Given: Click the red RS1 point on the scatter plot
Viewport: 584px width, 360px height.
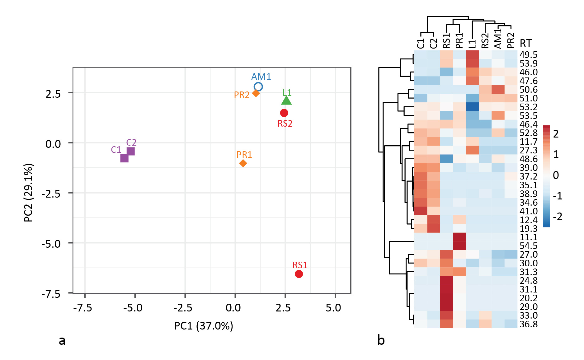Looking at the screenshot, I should pyautogui.click(x=299, y=274).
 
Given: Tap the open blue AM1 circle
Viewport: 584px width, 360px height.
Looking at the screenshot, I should pyautogui.click(x=258, y=86).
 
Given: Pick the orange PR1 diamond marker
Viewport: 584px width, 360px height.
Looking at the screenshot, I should pyautogui.click(x=243, y=163).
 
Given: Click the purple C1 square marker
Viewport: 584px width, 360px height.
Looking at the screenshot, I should pyautogui.click(x=124, y=158).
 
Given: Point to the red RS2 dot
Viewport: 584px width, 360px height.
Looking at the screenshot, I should pyautogui.click(x=284, y=113).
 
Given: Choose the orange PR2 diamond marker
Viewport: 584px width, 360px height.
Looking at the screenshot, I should pyautogui.click(x=256, y=93).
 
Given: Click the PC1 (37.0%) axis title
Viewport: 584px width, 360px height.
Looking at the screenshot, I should pyautogui.click(x=204, y=326).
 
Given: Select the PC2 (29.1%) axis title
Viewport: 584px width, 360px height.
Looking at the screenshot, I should pyautogui.click(x=28, y=193).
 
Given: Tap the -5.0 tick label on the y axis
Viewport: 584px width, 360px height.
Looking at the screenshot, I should pyautogui.click(x=51, y=244).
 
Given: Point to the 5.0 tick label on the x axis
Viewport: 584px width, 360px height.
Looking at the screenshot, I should pyautogui.click(x=333, y=308).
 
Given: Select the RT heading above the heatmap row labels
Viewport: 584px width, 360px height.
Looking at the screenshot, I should pyautogui.click(x=526, y=43).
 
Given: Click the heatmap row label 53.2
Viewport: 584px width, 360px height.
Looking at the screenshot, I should pyautogui.click(x=529, y=107).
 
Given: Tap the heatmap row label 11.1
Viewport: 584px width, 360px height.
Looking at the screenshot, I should pyautogui.click(x=529, y=237).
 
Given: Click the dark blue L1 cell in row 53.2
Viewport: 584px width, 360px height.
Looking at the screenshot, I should pyautogui.click(x=472, y=107).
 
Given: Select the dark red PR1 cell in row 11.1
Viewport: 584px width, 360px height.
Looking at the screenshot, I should pyautogui.click(x=459, y=237).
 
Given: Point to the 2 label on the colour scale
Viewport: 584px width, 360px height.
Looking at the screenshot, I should pyautogui.click(x=556, y=134).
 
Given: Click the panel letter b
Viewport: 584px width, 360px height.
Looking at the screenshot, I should pyautogui.click(x=381, y=340).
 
